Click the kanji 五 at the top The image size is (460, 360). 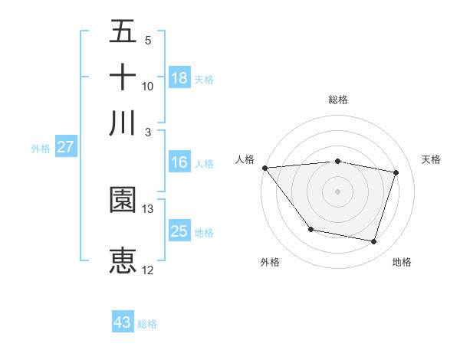(x=123, y=31)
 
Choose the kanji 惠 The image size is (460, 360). (x=123, y=260)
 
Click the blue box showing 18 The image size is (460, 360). (x=179, y=77)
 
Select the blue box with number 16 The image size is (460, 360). (x=179, y=162)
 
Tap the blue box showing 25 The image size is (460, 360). (x=179, y=231)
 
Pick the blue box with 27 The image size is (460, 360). (x=65, y=147)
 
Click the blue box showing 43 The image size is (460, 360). (x=123, y=322)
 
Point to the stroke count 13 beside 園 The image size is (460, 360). (x=148, y=208)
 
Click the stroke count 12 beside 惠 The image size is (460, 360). (x=148, y=270)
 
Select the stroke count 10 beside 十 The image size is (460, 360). (x=148, y=86)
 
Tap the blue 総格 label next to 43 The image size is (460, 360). (x=147, y=324)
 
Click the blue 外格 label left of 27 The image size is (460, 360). (x=40, y=149)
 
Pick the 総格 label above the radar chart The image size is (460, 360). (x=337, y=100)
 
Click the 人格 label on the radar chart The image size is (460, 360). (x=245, y=159)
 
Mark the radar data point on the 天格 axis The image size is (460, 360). (x=396, y=172)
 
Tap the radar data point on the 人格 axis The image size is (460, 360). (x=264, y=168)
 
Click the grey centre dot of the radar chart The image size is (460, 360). (x=337, y=191)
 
